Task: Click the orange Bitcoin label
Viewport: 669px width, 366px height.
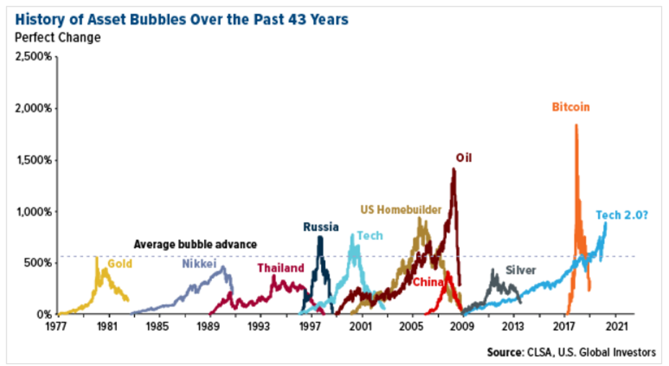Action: [x=571, y=107]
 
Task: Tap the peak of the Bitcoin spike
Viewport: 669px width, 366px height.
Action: [x=576, y=125]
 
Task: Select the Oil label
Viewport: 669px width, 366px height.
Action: [x=464, y=158]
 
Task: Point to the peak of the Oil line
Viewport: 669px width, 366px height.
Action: [x=453, y=169]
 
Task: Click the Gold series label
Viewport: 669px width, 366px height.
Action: [x=120, y=264]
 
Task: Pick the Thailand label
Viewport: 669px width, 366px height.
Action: [x=280, y=268]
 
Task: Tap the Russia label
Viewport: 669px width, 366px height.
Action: [x=320, y=227]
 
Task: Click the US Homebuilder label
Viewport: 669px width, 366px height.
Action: [x=401, y=210]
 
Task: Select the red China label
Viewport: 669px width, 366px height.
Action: [x=427, y=282]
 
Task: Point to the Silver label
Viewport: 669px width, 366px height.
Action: [x=520, y=270]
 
